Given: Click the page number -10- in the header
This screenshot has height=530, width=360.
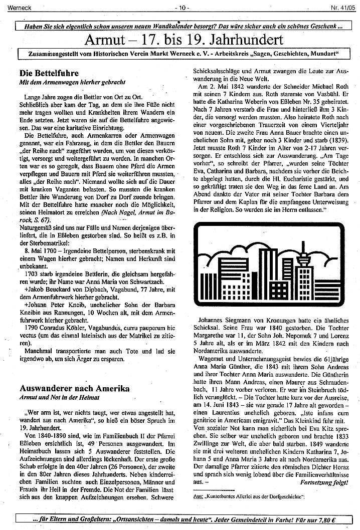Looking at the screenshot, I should [181, 8].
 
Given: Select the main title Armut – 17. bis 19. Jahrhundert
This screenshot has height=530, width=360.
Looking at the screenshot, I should [184, 39].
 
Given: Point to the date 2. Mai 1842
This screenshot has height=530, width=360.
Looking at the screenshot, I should [220, 86].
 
